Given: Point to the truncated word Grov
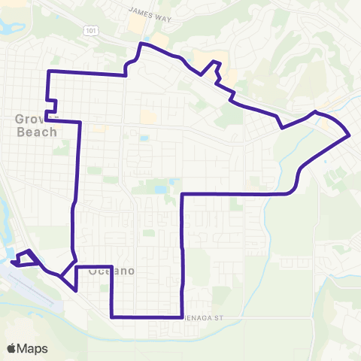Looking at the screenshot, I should click(x=29, y=119).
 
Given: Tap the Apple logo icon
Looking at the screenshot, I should click(x=11, y=348).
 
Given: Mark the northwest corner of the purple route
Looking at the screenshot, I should click(x=49, y=71).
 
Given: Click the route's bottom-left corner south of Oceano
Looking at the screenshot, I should click(x=112, y=317).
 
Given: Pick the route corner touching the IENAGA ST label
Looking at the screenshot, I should click(x=183, y=317).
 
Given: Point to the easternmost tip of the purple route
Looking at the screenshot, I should click(x=350, y=136).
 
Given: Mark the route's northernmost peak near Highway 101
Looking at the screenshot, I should click(x=141, y=44).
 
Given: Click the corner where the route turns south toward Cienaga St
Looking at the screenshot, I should click(x=183, y=194).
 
